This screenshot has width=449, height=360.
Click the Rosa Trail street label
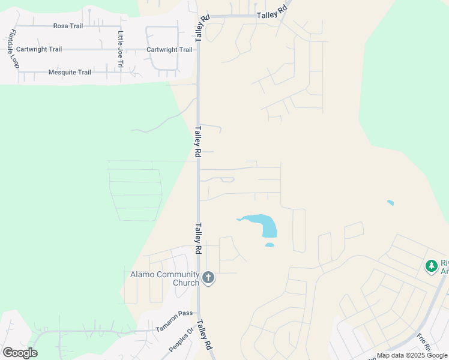[68, 26]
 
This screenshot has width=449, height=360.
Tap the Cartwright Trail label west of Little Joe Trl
[39, 49]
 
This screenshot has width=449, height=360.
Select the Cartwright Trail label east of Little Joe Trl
[169, 50]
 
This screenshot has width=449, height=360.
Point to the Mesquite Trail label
[70, 73]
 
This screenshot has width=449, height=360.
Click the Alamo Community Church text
[164, 278]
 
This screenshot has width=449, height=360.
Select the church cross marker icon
[208, 277]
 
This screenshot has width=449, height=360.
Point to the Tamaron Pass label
[174, 322]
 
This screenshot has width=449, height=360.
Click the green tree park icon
[431, 265]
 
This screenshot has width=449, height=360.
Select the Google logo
[19, 353]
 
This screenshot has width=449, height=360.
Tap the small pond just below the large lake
[270, 245]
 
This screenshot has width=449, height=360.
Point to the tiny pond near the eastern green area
[391, 203]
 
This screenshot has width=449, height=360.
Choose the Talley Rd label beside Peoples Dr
[205, 335]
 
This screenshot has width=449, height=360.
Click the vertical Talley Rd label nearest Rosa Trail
[205, 28]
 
